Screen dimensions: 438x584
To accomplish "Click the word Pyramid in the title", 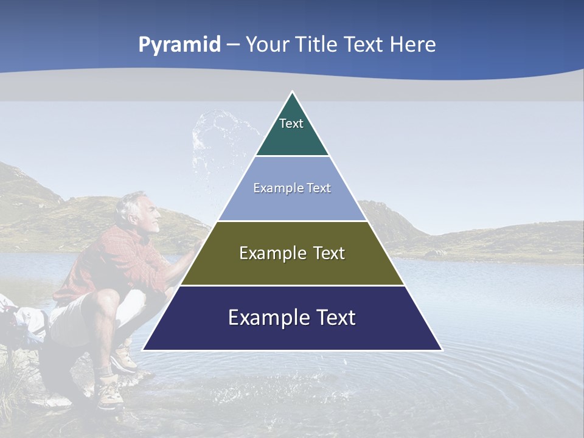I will pyautogui.click(x=179, y=45).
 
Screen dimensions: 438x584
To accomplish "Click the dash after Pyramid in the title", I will pyautogui.click(x=233, y=46).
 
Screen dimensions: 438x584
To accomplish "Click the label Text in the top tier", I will pyautogui.click(x=291, y=123).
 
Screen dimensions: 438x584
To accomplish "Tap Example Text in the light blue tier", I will pyautogui.click(x=292, y=188).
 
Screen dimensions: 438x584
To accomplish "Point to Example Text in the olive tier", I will pyautogui.click(x=292, y=253).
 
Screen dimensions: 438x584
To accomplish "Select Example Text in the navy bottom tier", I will pyautogui.click(x=292, y=318).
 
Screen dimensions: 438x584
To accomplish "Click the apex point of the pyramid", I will pyautogui.click(x=292, y=92).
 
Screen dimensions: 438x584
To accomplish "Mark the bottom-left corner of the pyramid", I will pyautogui.click(x=144, y=350).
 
